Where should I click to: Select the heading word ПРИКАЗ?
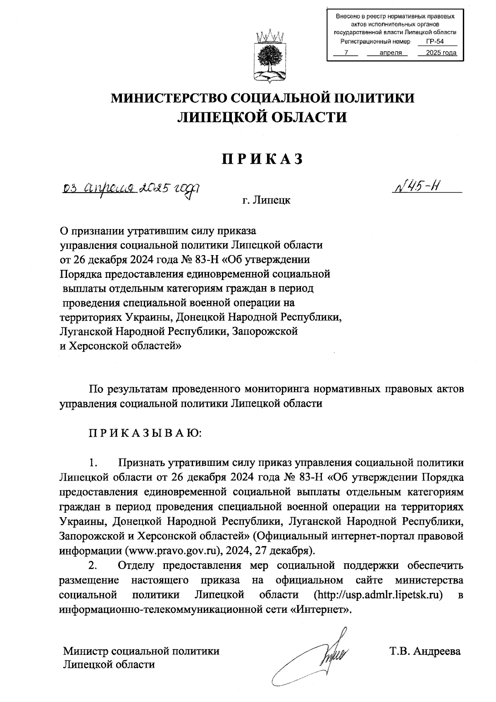(262, 159)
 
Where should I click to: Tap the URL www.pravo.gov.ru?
(171, 551)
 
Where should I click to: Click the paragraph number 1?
(93, 462)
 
